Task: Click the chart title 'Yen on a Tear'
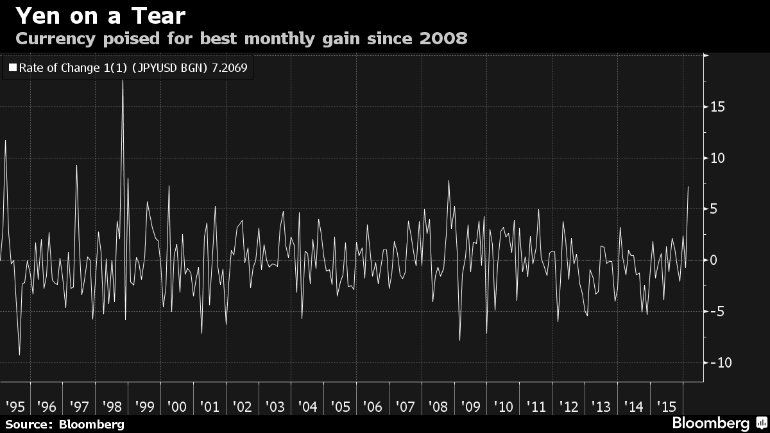[100, 15]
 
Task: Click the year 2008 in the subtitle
[443, 38]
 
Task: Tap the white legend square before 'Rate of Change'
[12, 67]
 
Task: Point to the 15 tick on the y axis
[717, 106]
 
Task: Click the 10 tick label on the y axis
[717, 158]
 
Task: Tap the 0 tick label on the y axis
[713, 260]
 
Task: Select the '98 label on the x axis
[112, 407]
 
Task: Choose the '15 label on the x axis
[667, 407]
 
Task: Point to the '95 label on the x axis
[15, 407]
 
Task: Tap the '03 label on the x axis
[275, 407]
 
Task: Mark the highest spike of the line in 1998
[123, 81]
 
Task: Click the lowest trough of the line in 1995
[19, 355]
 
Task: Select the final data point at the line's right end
[689, 187]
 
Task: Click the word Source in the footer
[28, 424]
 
